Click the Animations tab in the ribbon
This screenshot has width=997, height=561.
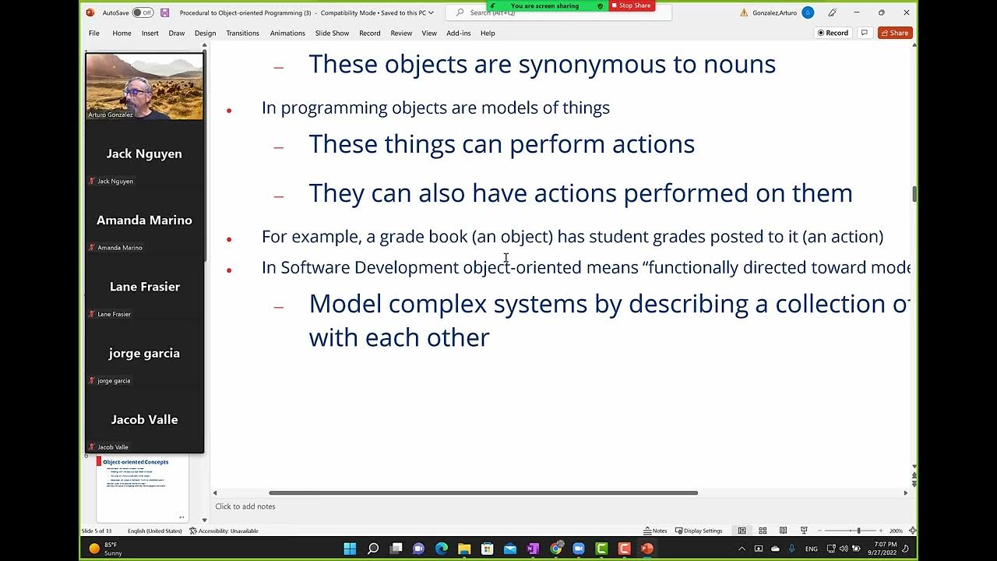click(287, 34)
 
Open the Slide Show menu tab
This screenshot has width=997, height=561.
click(332, 34)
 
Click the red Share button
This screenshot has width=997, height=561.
click(895, 33)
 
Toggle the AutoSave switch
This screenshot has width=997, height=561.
click(143, 12)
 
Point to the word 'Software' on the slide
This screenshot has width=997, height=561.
click(315, 267)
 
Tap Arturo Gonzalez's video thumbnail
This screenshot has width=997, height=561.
click(144, 86)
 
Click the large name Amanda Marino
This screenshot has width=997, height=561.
click(144, 221)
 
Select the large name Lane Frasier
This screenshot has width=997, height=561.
click(144, 287)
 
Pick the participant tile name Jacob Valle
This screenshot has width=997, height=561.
click(144, 419)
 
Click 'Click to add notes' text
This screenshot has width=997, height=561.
click(245, 506)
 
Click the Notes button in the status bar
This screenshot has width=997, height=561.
click(655, 531)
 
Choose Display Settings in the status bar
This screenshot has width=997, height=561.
click(699, 531)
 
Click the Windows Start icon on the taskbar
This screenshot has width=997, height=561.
click(350, 549)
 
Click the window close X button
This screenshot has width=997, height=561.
click(907, 12)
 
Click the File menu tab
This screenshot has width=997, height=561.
click(94, 34)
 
